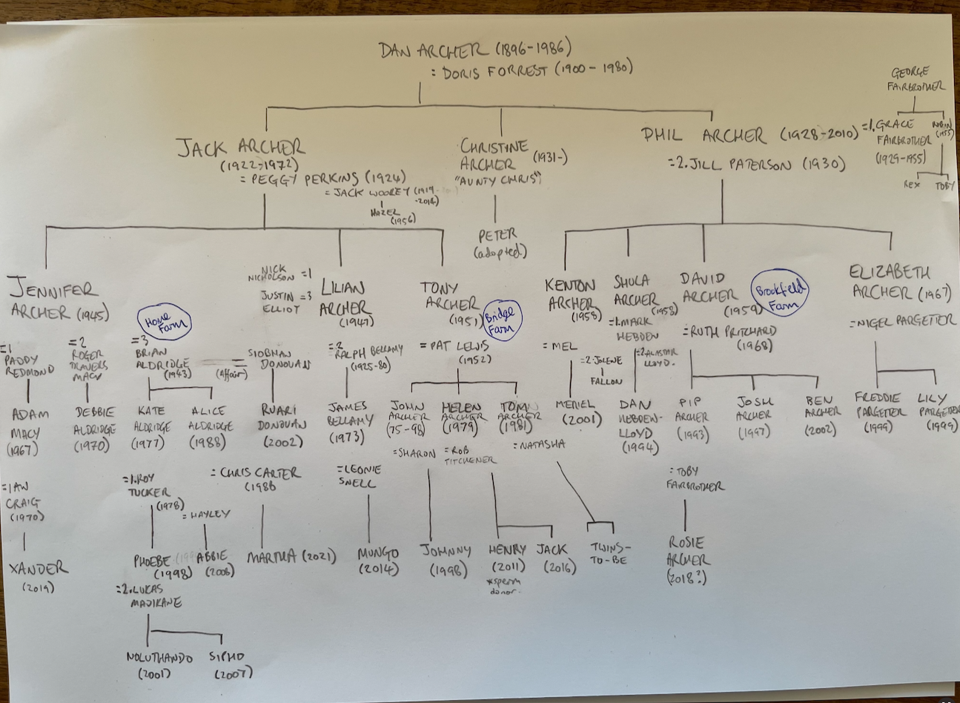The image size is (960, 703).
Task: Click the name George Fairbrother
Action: (x=917, y=79)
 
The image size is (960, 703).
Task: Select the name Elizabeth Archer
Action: (x=890, y=282)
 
